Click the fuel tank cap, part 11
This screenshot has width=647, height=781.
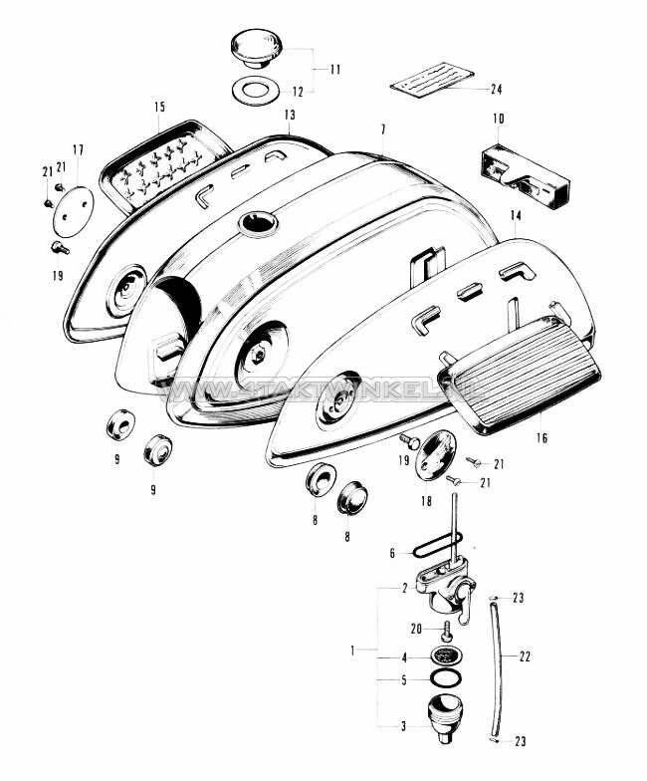258,47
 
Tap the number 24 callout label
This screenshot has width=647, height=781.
497,89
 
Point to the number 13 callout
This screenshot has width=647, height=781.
289,116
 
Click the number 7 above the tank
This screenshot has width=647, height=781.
382,130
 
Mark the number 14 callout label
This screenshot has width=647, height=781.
515,216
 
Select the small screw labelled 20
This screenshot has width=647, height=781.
446,630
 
